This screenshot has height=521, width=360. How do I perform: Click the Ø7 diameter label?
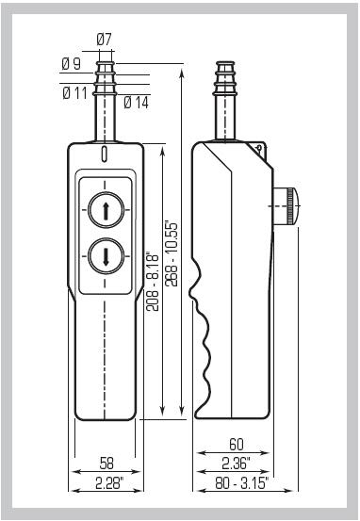coord(104,40)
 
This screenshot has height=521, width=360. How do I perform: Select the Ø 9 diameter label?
coord(72,63)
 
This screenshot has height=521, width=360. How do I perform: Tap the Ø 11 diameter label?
coord(74,93)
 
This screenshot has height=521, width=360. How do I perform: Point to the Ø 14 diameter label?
coord(137,103)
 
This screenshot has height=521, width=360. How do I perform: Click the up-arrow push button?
coord(106,210)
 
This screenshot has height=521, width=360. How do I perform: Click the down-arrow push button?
coord(106,256)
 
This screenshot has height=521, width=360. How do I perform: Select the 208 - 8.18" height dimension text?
coord(153,283)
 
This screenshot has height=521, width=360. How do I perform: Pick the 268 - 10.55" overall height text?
coord(172,254)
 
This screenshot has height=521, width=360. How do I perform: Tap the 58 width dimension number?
coord(106,464)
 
